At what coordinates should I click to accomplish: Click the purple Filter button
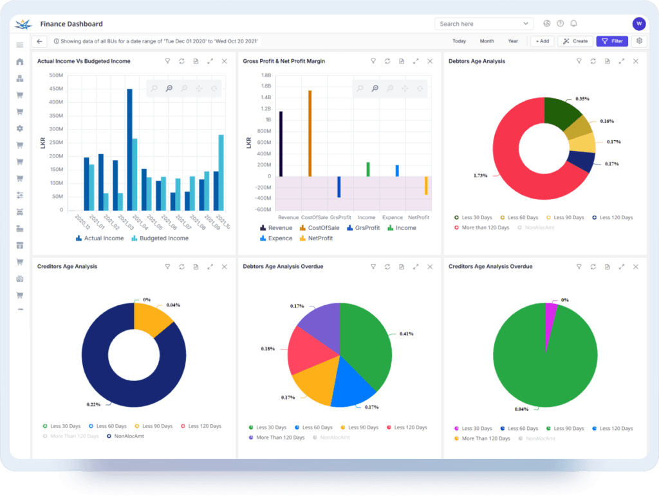coord(612,41)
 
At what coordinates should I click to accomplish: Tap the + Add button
coord(542,41)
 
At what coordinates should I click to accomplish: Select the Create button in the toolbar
coord(575,41)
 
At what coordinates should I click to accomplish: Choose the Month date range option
coord(487,41)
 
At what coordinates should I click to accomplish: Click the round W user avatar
coord(638,24)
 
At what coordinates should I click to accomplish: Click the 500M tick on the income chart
coord(55,75)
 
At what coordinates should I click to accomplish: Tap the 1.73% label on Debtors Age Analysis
coord(480,175)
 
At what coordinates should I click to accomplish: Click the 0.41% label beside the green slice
coord(406,334)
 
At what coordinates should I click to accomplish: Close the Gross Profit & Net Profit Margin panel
coord(430,61)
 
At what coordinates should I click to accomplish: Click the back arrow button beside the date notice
coord(40,41)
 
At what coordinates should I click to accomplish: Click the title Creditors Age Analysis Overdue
coord(490,266)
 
